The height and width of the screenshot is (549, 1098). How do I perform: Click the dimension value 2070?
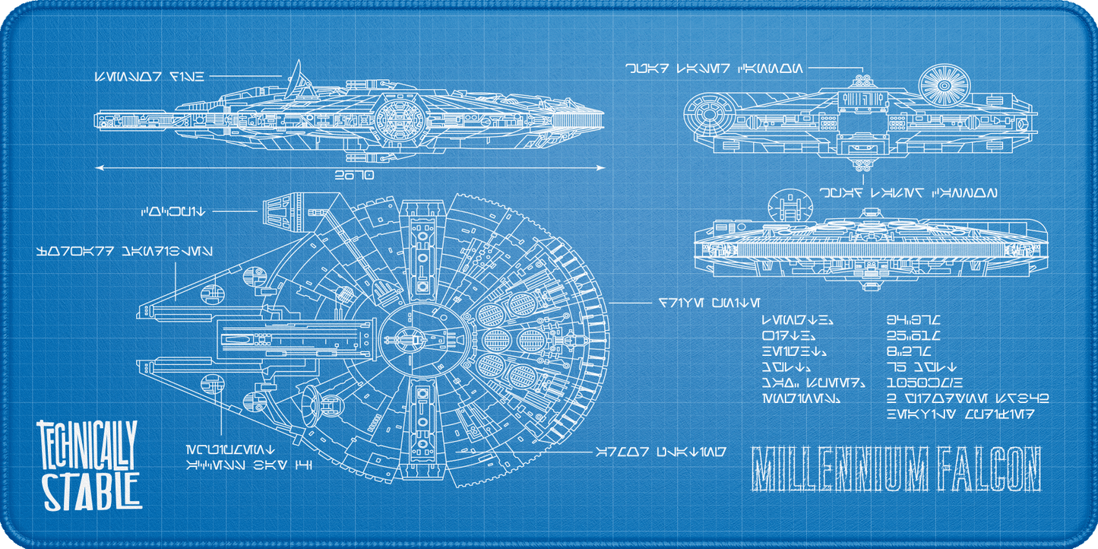tap(354, 176)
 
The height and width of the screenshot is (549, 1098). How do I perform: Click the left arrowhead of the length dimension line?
tap(97, 166)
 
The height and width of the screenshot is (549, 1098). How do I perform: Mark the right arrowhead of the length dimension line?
tap(604, 166)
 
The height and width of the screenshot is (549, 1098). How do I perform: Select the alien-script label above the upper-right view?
tap(712, 68)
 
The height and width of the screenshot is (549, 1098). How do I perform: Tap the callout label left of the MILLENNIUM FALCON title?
tap(659, 450)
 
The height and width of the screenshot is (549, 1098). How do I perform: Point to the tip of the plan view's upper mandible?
tap(141, 313)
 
